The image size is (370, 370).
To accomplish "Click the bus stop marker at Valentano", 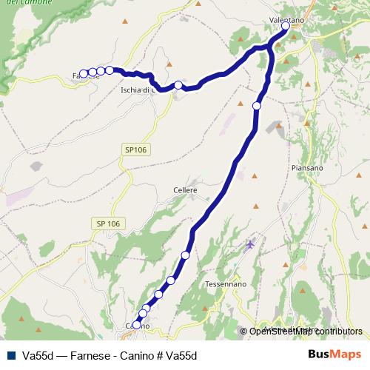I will [286, 26].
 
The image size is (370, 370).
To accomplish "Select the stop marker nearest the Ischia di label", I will [178, 85].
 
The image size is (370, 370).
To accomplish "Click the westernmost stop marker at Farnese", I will [84, 73].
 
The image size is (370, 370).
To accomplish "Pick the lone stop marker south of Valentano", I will [257, 106].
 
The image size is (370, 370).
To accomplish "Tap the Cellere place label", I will [185, 190].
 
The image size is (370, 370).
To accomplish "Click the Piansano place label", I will [307, 168].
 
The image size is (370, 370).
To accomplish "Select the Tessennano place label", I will [226, 284].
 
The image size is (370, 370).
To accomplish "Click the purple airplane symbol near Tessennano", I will [251, 243].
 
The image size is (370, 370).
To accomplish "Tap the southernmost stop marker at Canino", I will [137, 325].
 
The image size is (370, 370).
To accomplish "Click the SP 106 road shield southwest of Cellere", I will [108, 223].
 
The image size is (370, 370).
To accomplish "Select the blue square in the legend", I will [10, 355].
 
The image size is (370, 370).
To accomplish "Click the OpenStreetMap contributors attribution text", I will [306, 332].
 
